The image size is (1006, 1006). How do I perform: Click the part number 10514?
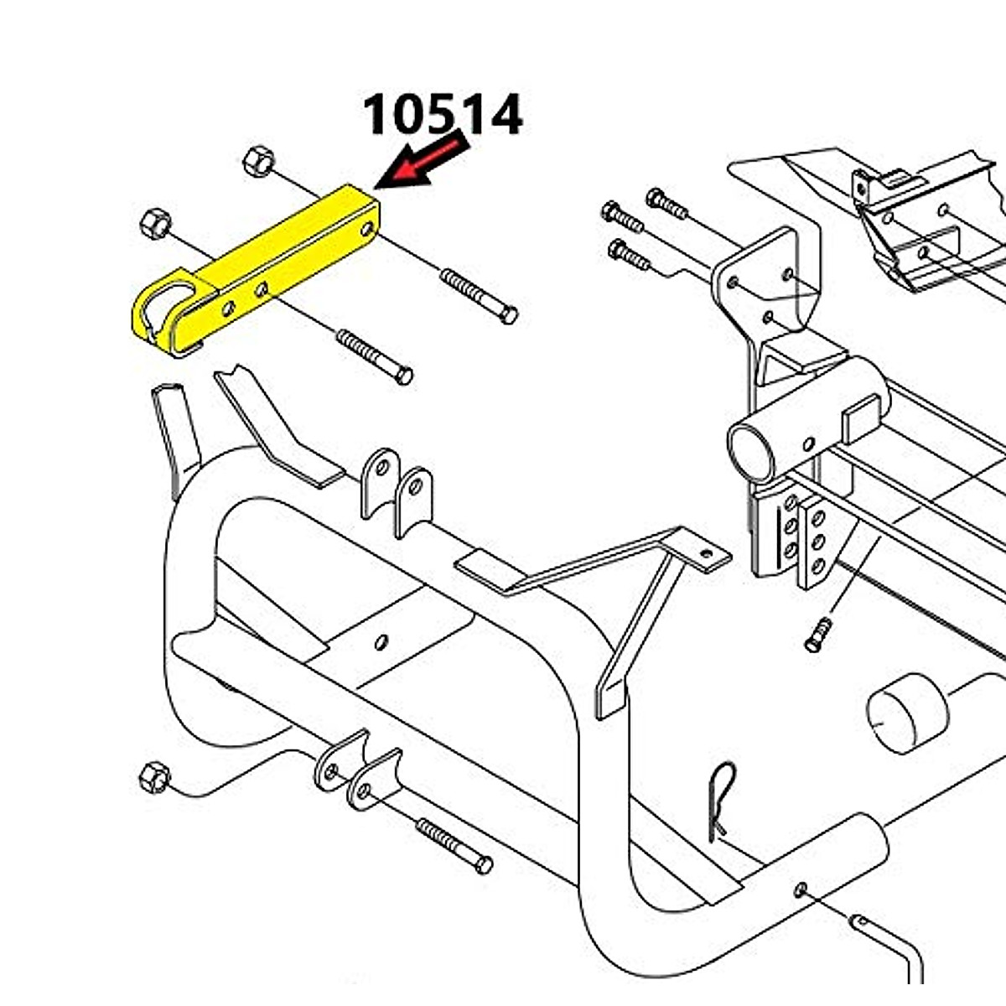tap(442, 116)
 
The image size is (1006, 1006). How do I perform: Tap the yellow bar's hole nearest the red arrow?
tap(367, 228)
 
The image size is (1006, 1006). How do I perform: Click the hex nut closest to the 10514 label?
tap(258, 160)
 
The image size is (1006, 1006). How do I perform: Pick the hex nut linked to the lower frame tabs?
tap(155, 778)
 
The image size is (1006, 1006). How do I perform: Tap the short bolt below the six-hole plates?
tap(817, 635)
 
